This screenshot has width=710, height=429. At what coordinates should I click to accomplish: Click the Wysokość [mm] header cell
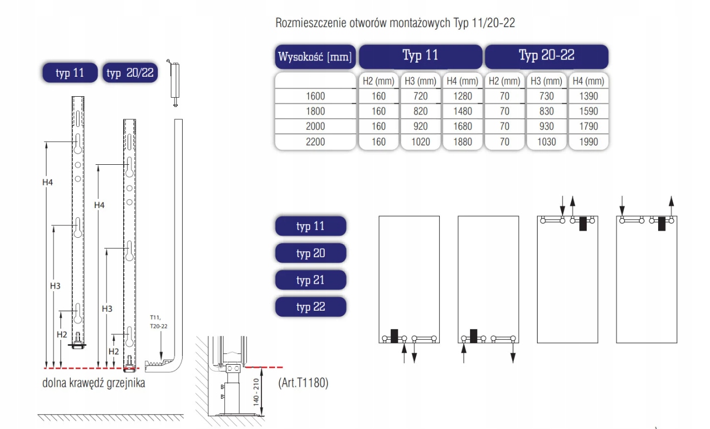point(316,57)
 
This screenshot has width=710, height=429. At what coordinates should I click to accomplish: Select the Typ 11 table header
point(420,56)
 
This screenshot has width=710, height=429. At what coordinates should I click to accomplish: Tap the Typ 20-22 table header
point(546,56)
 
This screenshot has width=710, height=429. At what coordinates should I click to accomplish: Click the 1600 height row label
point(316,96)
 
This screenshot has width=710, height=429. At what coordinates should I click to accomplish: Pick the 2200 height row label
point(316,142)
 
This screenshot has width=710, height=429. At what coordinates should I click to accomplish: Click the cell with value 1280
point(463,96)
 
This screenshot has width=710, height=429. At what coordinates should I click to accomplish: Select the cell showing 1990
point(588,142)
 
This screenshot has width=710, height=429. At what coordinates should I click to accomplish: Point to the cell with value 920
point(420,126)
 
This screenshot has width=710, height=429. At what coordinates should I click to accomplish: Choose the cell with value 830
point(546,111)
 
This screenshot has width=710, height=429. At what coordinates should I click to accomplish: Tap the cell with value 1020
point(420,142)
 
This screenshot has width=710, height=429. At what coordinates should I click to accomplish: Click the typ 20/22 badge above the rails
point(130,73)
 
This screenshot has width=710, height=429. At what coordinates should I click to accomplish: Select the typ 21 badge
point(311,280)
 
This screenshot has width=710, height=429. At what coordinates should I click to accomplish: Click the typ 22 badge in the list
point(311,307)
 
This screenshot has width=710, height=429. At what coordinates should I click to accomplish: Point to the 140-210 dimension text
point(256,391)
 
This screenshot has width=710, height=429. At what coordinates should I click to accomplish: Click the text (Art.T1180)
point(303,383)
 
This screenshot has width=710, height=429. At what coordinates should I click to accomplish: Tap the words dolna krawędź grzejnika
point(93,384)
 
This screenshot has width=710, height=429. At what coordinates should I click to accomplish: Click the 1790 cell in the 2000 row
point(588,126)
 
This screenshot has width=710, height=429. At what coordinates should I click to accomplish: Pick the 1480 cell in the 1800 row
point(463,111)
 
